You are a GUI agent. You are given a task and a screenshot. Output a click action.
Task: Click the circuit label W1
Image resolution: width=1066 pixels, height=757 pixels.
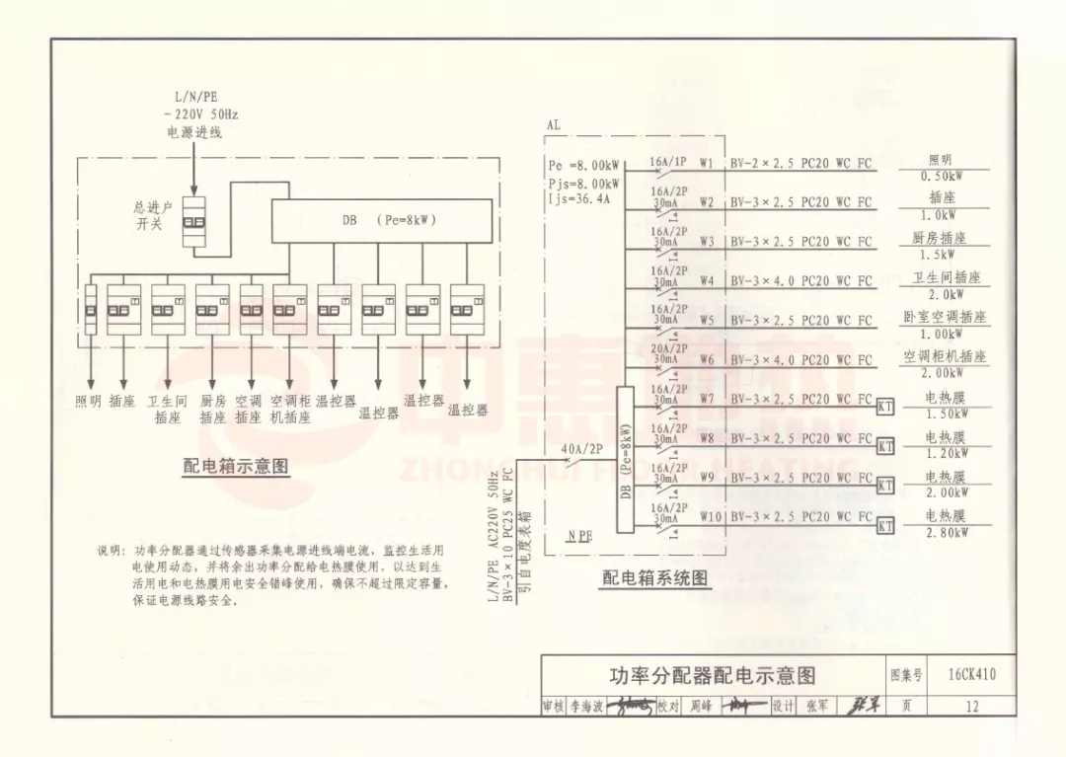(x=706, y=162)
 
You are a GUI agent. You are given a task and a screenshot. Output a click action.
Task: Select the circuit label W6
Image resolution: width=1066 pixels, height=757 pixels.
(x=706, y=360)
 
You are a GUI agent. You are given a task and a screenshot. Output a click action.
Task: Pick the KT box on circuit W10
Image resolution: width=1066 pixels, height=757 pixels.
(x=885, y=526)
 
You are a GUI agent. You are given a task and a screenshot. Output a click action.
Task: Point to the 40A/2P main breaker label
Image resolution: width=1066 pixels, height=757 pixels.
(x=581, y=449)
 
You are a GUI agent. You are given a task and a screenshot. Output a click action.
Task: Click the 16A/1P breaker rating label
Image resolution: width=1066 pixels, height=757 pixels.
(x=668, y=160)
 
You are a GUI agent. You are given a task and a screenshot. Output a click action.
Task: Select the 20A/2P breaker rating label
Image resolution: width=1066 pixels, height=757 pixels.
(x=668, y=348)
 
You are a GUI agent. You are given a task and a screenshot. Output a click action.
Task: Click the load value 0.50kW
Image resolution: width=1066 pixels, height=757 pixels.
(x=942, y=177)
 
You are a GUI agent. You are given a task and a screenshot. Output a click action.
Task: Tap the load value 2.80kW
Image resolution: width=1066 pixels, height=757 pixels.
(x=946, y=533)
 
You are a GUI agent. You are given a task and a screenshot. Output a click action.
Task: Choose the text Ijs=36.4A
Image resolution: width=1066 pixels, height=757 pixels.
(x=579, y=198)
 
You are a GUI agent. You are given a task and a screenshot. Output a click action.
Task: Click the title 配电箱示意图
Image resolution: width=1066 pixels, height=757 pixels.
(x=236, y=466)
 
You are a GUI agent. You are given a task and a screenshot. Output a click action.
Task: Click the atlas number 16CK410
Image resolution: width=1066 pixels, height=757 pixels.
(x=971, y=675)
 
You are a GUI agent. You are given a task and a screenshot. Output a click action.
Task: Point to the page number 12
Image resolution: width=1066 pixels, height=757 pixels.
(x=972, y=706)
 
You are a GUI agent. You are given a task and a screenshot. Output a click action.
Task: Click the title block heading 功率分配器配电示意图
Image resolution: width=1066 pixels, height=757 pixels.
(x=712, y=676)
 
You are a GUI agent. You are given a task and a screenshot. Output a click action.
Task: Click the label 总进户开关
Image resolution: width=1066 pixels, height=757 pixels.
(x=153, y=216)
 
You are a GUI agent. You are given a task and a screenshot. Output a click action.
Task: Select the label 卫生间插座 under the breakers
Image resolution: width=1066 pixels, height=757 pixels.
(x=167, y=409)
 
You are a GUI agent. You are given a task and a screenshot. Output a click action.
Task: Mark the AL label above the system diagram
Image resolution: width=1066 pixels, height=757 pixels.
(x=553, y=125)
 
